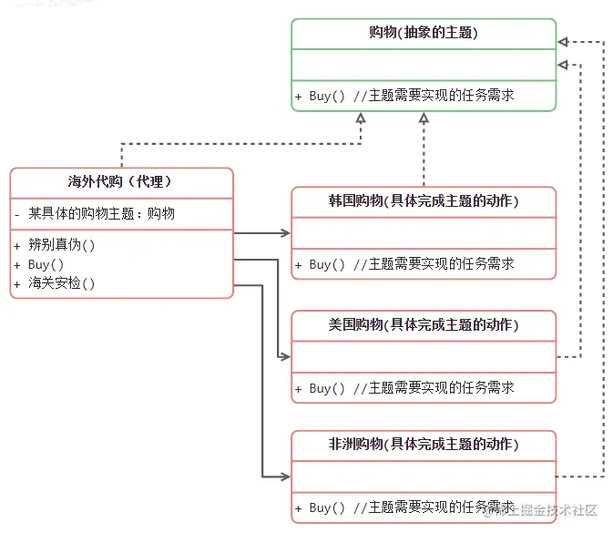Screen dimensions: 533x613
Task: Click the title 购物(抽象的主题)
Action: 423,33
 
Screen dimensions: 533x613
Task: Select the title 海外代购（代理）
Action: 121,181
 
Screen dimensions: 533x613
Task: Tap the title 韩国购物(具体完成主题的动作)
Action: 423,201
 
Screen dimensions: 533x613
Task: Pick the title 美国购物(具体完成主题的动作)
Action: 423,325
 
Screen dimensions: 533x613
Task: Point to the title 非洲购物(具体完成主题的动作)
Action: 423,445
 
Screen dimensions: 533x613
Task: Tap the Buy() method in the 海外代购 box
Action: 45,264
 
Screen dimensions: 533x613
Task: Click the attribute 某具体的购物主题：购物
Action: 100,213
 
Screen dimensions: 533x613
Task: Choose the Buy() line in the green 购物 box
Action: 412,96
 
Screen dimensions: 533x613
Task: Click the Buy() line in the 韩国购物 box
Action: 412,264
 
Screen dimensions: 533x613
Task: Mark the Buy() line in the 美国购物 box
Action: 412,388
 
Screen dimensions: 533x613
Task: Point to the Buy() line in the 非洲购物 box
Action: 412,507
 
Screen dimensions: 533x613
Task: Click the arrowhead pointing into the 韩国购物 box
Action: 285,234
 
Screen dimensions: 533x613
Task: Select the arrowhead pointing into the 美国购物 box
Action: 285,357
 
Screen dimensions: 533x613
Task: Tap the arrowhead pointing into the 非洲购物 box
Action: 285,477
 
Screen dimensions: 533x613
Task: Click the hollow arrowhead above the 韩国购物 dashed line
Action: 424,118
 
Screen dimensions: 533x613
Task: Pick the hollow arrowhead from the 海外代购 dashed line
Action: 361,118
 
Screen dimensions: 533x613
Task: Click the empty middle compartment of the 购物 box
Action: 423,65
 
